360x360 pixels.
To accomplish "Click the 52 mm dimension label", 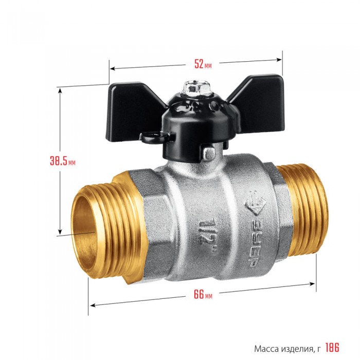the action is (x=203, y=64).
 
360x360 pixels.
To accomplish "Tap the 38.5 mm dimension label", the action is (x=63, y=160).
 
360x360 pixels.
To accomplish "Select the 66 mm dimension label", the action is (x=203, y=294).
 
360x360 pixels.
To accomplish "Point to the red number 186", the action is (x=332, y=348).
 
